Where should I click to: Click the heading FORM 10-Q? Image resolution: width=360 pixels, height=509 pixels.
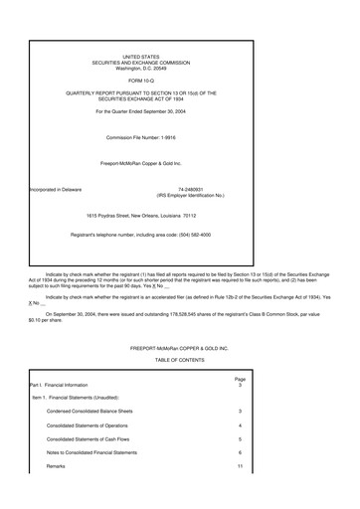click(x=140, y=79)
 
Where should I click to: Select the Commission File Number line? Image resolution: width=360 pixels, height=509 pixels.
click(x=140, y=137)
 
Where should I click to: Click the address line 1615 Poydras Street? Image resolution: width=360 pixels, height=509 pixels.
click(x=140, y=215)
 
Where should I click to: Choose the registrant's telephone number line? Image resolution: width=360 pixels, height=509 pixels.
click(x=140, y=235)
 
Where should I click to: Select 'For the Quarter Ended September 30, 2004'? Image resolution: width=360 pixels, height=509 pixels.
click(x=140, y=111)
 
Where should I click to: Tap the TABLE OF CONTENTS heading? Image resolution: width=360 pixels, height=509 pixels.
click(x=179, y=360)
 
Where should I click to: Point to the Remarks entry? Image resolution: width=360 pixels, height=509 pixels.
click(x=56, y=465)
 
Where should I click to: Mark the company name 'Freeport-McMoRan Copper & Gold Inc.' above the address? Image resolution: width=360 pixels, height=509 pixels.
click(x=140, y=162)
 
